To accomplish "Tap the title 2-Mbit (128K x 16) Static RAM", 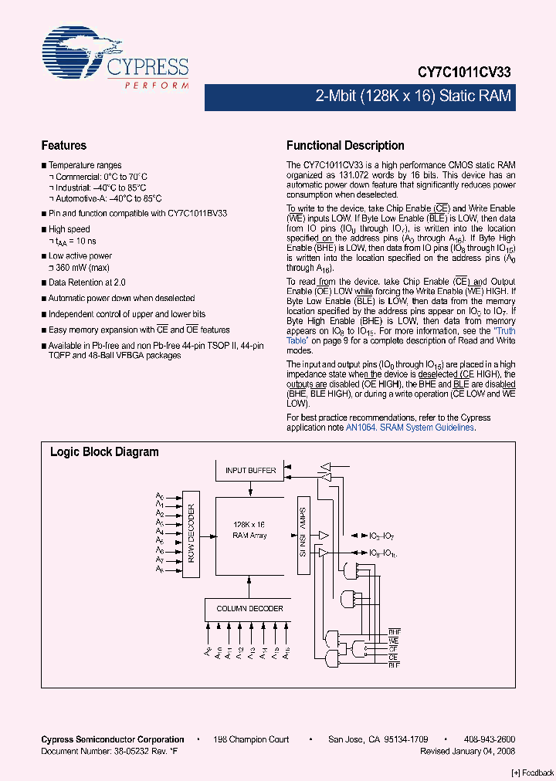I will click(412, 96).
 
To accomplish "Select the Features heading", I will click(63, 146).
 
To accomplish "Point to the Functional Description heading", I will click(345, 146).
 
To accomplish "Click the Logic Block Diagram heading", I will click(104, 452).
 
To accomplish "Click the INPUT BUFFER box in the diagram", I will click(250, 470).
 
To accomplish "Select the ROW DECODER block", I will click(192, 533).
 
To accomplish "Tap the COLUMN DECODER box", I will click(249, 609).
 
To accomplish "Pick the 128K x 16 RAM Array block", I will click(249, 530).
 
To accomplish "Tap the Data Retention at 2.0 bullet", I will click(86, 283).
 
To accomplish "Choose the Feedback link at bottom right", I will click(533, 773).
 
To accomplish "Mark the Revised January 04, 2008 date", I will click(467, 751).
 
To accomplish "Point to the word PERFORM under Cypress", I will click(156, 84).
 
